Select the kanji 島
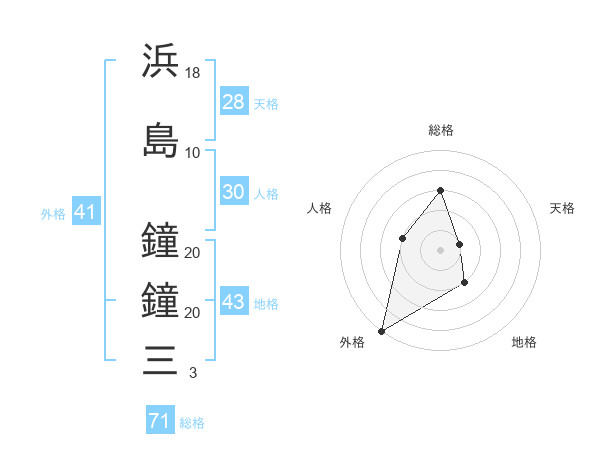tap(160, 140)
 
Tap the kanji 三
tap(160, 358)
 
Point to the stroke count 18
tap(193, 73)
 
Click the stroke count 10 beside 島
tap(193, 152)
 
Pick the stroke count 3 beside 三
tap(193, 373)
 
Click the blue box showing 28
tap(234, 101)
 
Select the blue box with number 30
tap(234, 192)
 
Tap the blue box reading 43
tap(234, 303)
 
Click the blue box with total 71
tap(159, 421)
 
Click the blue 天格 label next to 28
tap(266, 103)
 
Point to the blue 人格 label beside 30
tap(266, 194)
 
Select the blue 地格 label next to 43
tap(266, 304)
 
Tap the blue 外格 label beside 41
tap(53, 213)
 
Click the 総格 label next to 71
tap(192, 423)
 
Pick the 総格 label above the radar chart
tap(440, 130)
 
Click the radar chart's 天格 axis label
tap(563, 208)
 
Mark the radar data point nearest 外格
tap(381, 330)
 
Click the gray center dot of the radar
tap(440, 249)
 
